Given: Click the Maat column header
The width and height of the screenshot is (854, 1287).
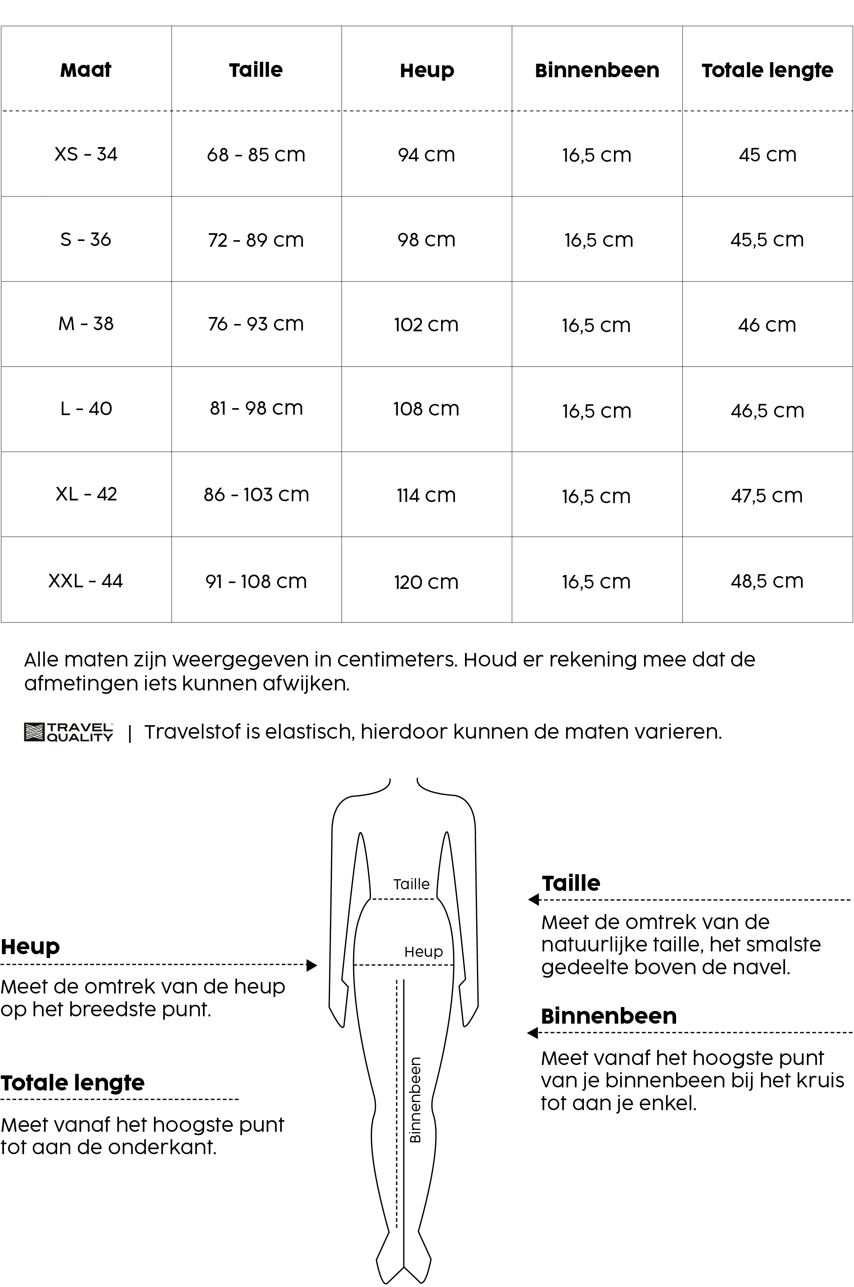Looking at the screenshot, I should pos(86,70).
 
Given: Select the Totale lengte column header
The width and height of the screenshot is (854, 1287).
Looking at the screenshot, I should pos(767,70).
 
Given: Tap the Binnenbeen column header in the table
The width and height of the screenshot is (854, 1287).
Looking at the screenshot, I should pos(597,70).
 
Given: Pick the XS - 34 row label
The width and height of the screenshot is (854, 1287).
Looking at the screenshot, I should pos(86,154).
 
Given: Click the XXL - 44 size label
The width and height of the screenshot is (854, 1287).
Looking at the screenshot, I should pos(86,581).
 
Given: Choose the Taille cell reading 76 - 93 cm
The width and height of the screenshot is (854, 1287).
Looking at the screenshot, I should pos(256,324).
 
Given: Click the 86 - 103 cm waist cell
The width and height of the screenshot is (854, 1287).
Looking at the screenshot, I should pos(256,495).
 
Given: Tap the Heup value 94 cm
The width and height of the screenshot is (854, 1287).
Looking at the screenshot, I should pos(426,155).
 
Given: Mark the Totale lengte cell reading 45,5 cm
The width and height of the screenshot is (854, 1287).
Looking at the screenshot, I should pos(767,240).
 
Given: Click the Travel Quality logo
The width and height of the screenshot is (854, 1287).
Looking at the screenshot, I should pos(69,732).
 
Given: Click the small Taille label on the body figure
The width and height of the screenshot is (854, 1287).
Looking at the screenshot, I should pos(411,884).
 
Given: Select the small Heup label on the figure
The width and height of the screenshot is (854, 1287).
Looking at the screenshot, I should pos(423,951).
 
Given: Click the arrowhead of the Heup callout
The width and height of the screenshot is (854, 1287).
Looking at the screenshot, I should pos(312,965).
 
